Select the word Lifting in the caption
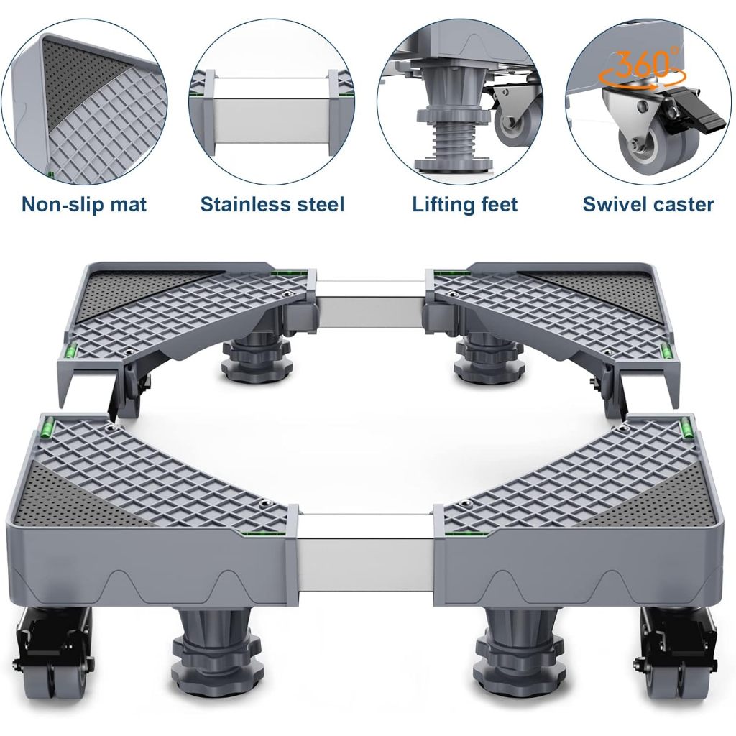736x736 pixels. [x=441, y=205]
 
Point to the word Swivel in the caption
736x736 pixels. [x=611, y=204]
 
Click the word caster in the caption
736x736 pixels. [x=680, y=205]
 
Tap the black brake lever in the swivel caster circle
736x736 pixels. [x=691, y=116]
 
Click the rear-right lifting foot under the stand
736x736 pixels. [x=489, y=356]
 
